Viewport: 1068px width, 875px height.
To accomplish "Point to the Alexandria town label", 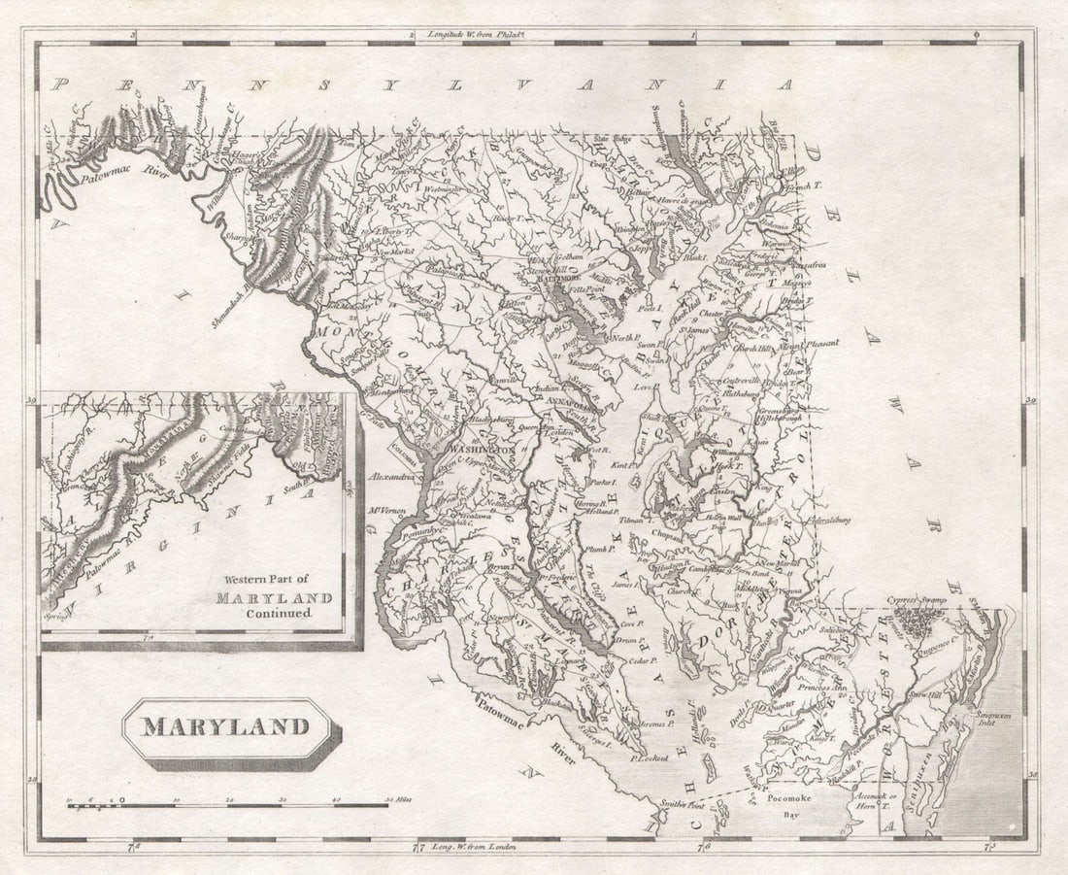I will tap(393, 478).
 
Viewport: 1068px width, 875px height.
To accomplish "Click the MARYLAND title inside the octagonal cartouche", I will tap(226, 726).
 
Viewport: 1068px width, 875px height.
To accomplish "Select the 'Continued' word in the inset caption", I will tap(278, 613).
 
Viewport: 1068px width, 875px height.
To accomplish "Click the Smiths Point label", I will tap(681, 804).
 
